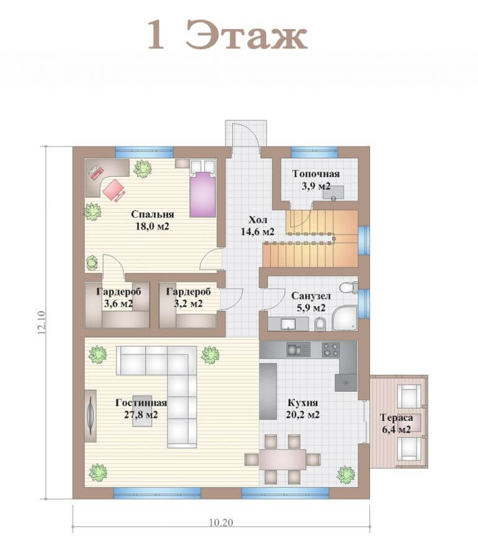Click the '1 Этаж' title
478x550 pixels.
pyautogui.click(x=227, y=35)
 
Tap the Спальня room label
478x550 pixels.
pyautogui.click(x=152, y=214)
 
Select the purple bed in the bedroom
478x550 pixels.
pyautogui.click(x=202, y=194)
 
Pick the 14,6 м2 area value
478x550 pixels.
pyautogui.click(x=258, y=232)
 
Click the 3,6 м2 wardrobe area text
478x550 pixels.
pyautogui.click(x=118, y=304)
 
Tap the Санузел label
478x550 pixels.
pyautogui.click(x=311, y=296)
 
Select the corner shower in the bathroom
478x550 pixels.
pyautogui.click(x=345, y=318)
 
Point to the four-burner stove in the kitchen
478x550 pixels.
pyautogui.click(x=331, y=349)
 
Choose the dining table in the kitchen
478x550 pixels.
pyautogui.click(x=282, y=459)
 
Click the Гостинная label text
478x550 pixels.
pyautogui.click(x=141, y=402)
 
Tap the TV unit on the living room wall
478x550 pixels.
pyautogui.click(x=91, y=416)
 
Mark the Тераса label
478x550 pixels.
pyautogui.click(x=396, y=417)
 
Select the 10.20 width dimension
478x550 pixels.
pyautogui.click(x=221, y=522)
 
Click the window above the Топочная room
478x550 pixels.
pyautogui.click(x=314, y=152)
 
